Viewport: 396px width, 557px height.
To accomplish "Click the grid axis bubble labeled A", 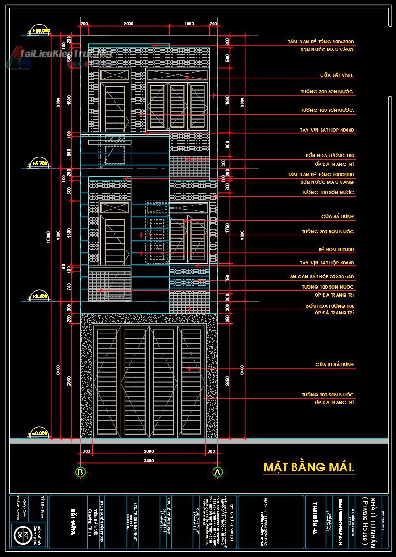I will click(217, 472).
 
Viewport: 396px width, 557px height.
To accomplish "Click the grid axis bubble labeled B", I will click(80, 472).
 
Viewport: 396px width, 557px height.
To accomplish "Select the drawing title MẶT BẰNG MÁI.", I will click(309, 467).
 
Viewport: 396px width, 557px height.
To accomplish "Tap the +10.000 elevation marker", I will click(39, 31).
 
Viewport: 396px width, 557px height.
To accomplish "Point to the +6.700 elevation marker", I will click(39, 164).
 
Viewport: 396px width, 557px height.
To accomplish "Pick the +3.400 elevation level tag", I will click(39, 296).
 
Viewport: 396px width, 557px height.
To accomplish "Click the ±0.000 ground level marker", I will click(39, 433).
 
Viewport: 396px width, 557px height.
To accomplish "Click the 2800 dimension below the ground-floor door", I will click(149, 452).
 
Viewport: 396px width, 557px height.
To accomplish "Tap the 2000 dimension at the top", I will click(129, 23).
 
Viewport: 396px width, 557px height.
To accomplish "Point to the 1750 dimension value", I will click(227, 228).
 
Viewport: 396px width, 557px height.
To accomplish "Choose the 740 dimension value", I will click(69, 286).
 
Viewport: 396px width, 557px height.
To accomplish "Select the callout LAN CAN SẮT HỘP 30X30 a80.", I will click(321, 277).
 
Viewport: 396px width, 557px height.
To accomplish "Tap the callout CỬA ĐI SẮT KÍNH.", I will click(335, 365).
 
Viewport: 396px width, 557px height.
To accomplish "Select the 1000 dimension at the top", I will click(189, 23).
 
